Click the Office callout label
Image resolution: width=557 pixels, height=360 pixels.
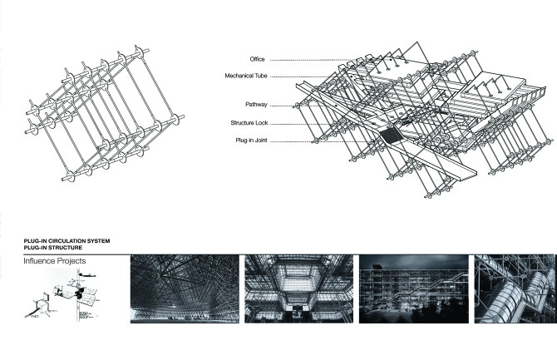coord(256,59)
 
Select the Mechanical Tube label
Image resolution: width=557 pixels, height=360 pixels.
coord(244,76)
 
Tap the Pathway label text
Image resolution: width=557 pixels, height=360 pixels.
coord(255,105)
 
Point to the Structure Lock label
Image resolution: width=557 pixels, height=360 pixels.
coord(248,123)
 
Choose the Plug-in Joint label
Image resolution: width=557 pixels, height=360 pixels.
coord(250,141)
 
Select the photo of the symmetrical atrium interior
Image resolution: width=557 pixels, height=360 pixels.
coord(295,288)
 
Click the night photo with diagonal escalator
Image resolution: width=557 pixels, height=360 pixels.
coord(409,288)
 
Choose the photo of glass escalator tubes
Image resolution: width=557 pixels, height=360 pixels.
coord(515,288)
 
